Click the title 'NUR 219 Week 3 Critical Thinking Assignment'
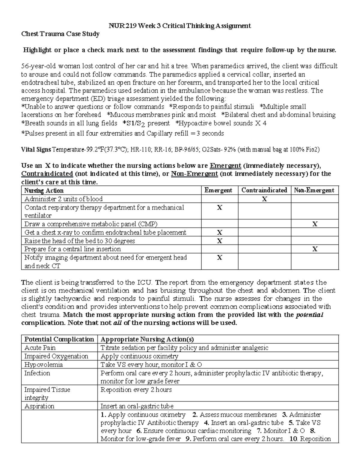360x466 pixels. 180,26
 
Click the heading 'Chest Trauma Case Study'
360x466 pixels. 60,34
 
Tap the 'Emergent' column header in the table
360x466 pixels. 218,190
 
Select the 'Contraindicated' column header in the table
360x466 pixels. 264,190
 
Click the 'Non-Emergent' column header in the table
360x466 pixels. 314,190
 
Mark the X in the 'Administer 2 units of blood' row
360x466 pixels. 264,199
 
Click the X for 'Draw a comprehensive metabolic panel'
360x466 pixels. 315,224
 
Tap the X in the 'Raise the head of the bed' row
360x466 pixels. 220,241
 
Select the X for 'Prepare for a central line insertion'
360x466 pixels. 315,249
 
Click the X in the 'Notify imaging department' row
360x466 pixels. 220,257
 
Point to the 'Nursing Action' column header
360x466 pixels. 44,191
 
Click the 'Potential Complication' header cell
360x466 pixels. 59,339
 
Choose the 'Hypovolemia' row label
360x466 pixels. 43,365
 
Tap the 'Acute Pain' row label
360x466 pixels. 40,348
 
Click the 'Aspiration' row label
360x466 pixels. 39,406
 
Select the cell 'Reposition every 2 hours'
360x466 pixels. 136,390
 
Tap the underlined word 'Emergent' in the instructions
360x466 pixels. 226,166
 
